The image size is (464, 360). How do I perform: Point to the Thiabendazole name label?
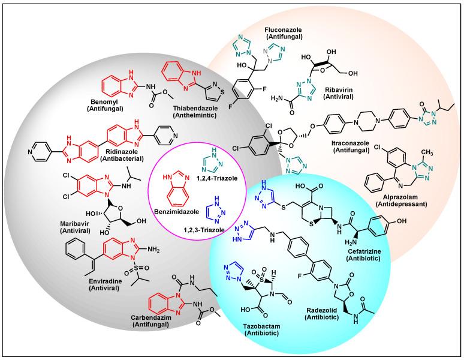coord(170,112)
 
